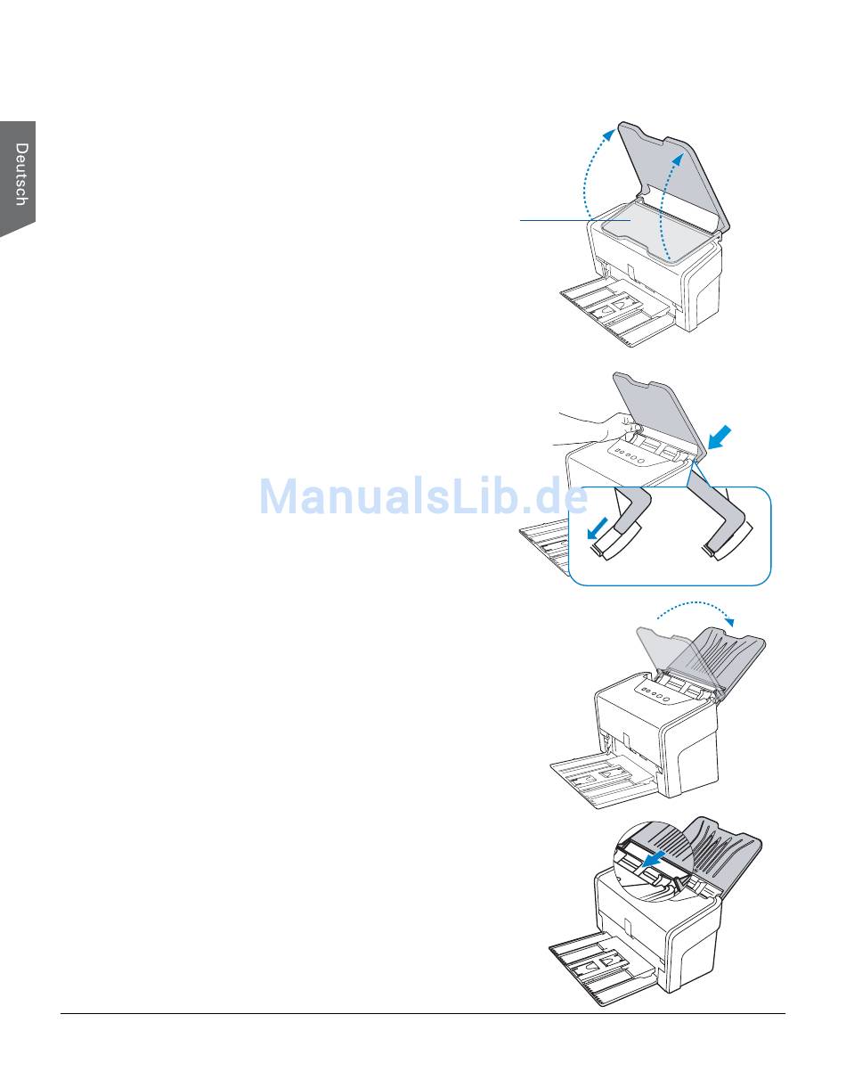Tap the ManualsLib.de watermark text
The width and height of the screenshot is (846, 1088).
click(x=422, y=497)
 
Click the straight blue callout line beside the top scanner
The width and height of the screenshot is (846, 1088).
click(x=557, y=219)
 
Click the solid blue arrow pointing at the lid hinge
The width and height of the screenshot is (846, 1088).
click(x=720, y=438)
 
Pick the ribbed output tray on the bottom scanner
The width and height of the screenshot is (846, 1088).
click(x=721, y=851)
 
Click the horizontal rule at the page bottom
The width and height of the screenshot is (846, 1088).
click(x=422, y=1013)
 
